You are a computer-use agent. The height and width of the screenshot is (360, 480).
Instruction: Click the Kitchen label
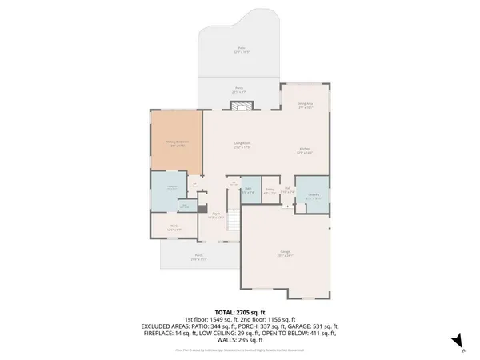305,150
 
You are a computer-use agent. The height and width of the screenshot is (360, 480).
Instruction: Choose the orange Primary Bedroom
175,141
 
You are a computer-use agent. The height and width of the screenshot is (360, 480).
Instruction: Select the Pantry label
270,190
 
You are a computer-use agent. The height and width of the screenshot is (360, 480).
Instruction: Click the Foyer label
215,215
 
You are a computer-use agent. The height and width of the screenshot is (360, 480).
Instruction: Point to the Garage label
285,254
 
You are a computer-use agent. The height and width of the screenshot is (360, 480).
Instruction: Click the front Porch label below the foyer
198,258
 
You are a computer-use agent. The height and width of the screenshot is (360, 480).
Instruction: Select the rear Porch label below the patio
239,90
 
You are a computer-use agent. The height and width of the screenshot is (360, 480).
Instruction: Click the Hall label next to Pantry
286,190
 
